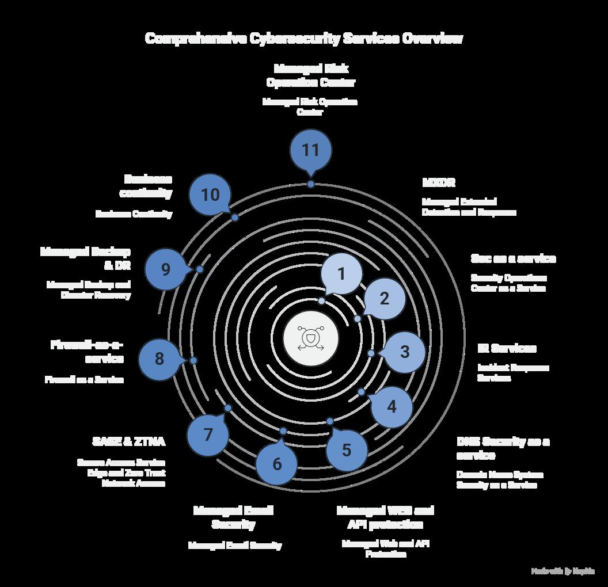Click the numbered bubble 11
[310, 150]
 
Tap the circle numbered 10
[210, 195]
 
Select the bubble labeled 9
[166, 269]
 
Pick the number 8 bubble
[159, 359]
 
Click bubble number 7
[208, 434]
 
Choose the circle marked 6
[277, 464]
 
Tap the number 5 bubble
[346, 450]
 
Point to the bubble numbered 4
[392, 407]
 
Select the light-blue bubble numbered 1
[341, 274]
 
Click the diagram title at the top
[303, 39]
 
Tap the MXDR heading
[439, 182]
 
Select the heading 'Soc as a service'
[513, 258]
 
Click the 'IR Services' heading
[507, 348]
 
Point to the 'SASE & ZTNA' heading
[128, 441]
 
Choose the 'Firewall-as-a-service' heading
[88, 351]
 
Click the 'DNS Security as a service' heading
[503, 448]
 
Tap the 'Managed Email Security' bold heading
[233, 517]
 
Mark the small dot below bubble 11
[311, 184]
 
